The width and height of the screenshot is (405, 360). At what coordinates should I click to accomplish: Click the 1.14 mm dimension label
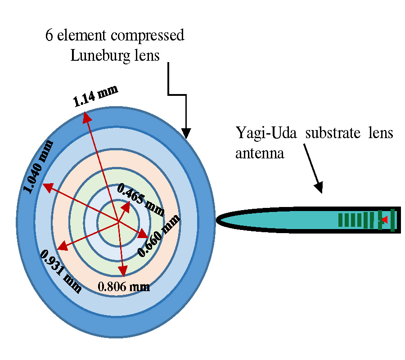[96, 95]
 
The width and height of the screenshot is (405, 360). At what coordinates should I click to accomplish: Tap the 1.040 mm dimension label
[39, 166]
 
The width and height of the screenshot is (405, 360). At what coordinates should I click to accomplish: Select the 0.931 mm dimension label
[61, 272]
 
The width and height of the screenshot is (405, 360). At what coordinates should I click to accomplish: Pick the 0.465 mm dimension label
[140, 198]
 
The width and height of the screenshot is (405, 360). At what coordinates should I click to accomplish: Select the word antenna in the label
[260, 153]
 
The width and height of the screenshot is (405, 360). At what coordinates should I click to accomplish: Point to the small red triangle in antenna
[384, 220]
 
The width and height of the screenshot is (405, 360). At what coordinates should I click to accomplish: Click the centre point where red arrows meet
[118, 221]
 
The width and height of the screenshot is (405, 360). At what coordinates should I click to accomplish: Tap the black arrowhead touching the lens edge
[186, 134]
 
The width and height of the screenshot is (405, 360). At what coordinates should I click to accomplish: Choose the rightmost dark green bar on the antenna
[393, 220]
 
